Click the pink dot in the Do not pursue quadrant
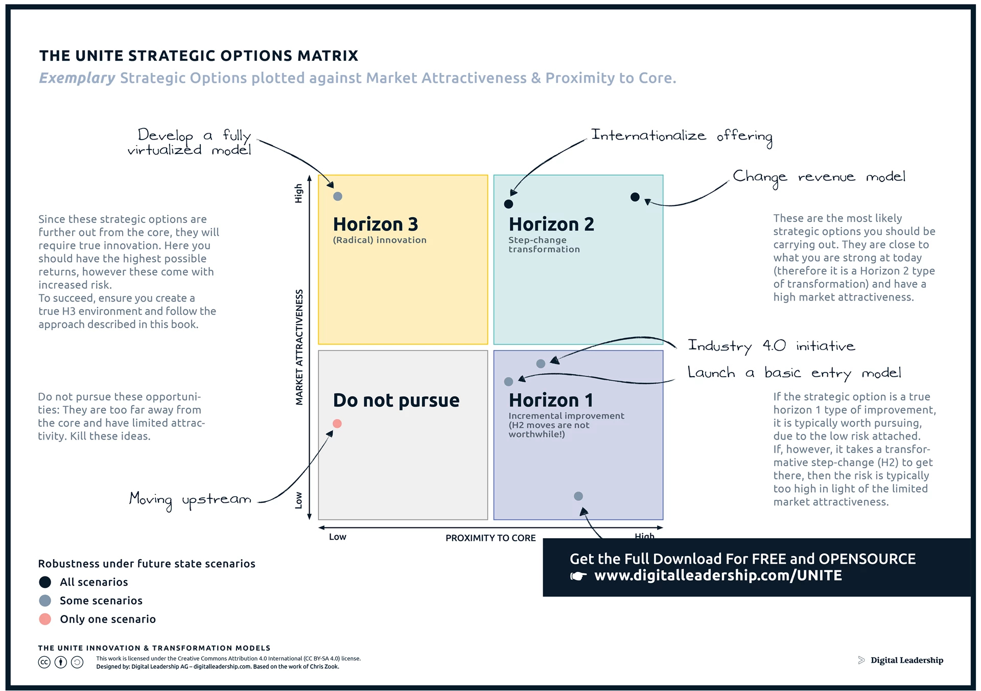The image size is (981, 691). click(337, 424)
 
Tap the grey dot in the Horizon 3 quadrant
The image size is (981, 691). click(338, 196)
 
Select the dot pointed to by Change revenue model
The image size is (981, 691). click(635, 197)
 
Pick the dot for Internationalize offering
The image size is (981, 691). click(508, 204)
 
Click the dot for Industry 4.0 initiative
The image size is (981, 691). click(541, 364)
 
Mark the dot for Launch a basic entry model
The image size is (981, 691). click(508, 382)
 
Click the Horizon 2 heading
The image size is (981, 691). click(551, 224)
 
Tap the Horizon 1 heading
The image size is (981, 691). click(551, 400)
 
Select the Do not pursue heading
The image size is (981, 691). click(396, 400)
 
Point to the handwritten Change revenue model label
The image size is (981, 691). click(819, 177)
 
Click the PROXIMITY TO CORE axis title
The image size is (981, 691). click(491, 538)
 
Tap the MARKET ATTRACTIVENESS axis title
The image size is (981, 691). click(299, 348)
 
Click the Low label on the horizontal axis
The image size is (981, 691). click(338, 537)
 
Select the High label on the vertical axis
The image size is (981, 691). click(299, 193)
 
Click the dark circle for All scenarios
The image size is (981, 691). click(45, 582)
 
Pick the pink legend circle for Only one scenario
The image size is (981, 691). click(45, 619)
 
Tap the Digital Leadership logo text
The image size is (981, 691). click(906, 660)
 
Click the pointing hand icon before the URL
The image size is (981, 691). click(578, 576)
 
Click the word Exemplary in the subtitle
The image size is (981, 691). click(77, 78)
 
